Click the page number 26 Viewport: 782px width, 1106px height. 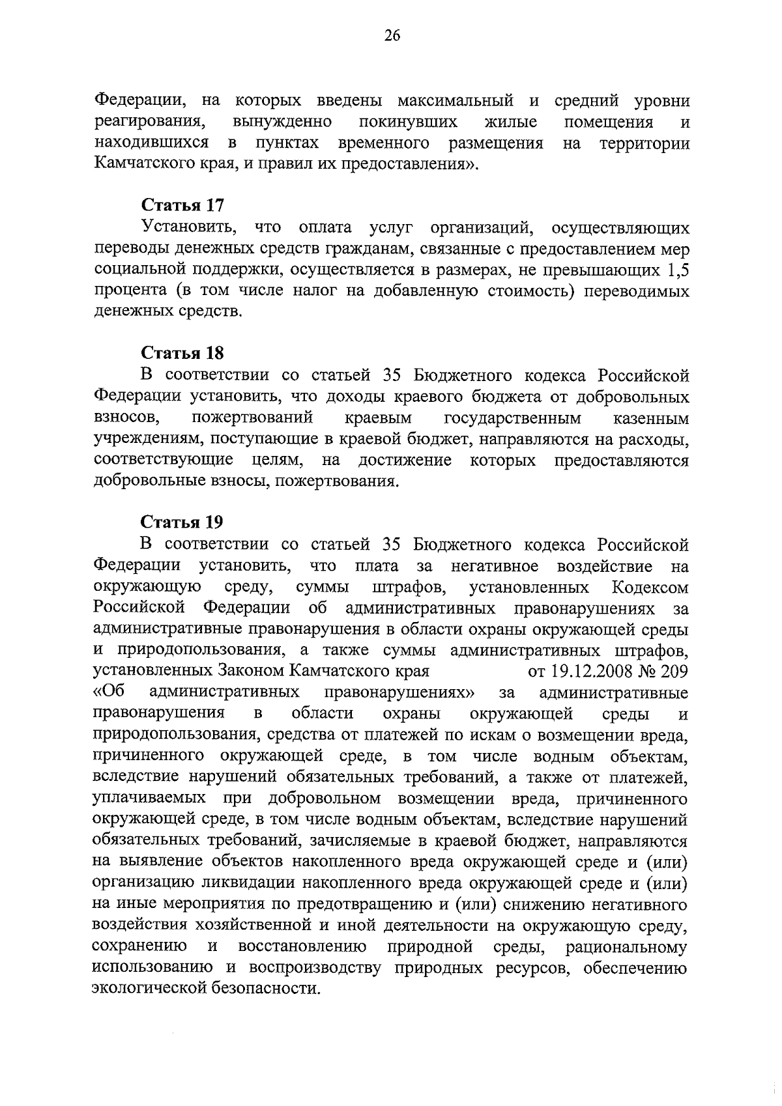tap(391, 36)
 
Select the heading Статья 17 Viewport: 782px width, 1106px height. tap(182, 205)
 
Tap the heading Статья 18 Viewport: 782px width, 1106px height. tap(182, 353)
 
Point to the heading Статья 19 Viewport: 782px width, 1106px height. tap(182, 522)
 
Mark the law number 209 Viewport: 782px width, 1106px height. tap(674, 672)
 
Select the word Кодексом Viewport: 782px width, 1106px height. tap(650, 588)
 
